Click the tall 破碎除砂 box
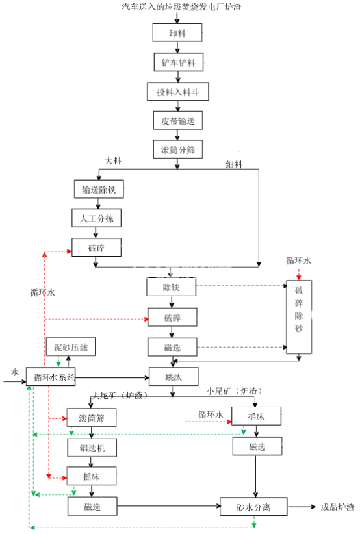point(299,311)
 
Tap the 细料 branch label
point(234,164)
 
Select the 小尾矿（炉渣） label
point(235,391)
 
